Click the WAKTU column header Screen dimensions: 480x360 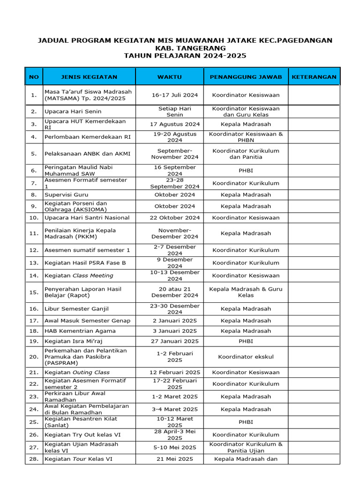(x=169, y=77)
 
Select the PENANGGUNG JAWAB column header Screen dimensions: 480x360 (x=246, y=77)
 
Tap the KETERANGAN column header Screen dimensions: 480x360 (x=314, y=77)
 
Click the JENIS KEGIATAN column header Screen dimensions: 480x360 (x=89, y=77)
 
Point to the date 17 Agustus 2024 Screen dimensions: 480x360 (x=175, y=124)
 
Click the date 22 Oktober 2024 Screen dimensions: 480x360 (x=175, y=217)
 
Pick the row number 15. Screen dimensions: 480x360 (x=33, y=292)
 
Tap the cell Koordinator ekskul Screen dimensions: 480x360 (x=246, y=357)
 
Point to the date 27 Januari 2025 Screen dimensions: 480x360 (x=175, y=341)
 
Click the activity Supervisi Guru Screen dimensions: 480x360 (x=66, y=195)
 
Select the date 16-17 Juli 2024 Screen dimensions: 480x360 (x=175, y=95)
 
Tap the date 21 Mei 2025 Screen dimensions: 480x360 (x=175, y=459)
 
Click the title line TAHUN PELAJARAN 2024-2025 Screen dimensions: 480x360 (x=185, y=56)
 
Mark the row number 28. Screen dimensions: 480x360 (x=33, y=459)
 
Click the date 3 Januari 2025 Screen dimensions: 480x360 (x=175, y=331)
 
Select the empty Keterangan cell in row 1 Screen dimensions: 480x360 (x=314, y=95)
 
